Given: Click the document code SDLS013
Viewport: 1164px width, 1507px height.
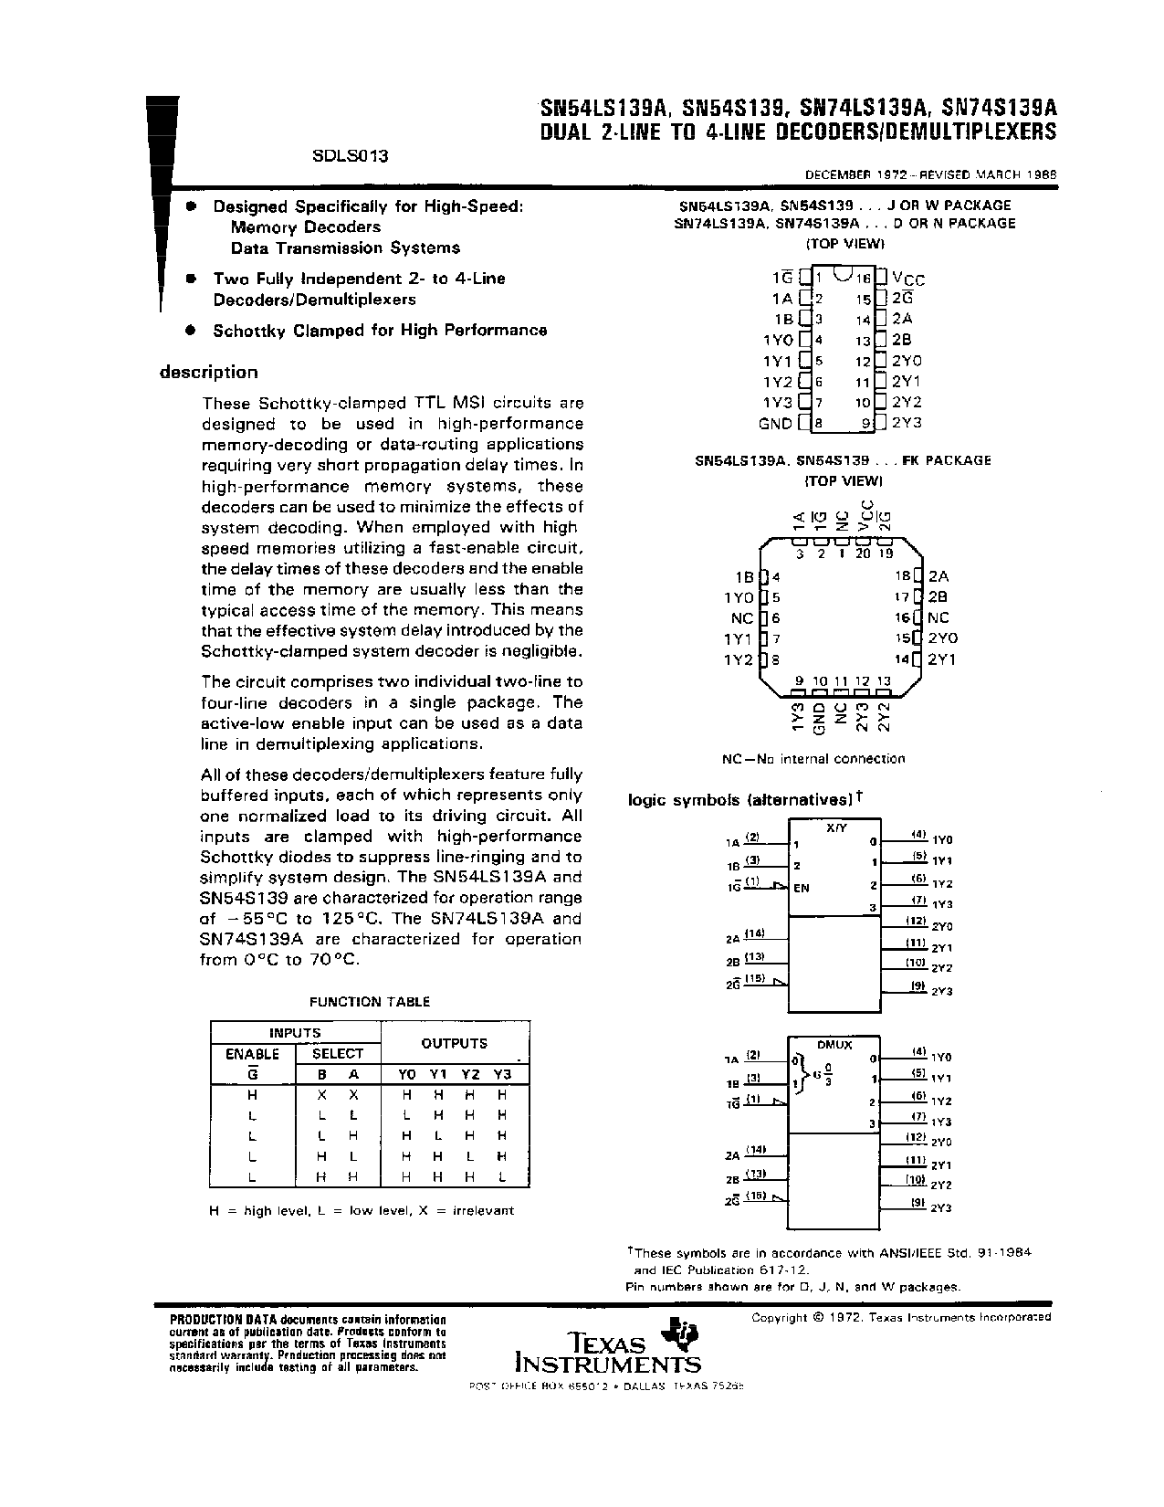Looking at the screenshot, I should click(350, 155).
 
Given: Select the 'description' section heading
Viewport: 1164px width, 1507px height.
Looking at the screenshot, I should click(209, 372).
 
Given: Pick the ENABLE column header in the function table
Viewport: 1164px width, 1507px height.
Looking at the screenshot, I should click(252, 1053).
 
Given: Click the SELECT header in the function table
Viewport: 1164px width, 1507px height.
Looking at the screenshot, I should click(337, 1053).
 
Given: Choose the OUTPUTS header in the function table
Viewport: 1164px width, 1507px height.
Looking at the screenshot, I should click(454, 1043).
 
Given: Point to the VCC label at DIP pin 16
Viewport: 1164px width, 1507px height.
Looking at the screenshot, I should click(908, 279).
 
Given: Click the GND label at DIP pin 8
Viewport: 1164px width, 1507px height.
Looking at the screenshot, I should click(775, 423).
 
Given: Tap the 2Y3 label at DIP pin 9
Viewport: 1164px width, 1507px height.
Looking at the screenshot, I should click(907, 423).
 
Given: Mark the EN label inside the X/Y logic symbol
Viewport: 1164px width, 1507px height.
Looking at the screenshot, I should click(802, 888).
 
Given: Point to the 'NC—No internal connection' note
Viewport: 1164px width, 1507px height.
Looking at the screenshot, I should click(813, 758).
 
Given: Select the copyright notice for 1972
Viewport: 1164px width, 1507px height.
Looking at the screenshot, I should click(900, 1317).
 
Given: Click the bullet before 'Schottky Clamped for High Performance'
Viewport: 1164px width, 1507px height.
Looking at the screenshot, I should click(190, 330).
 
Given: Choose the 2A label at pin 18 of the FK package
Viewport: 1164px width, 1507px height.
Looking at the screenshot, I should click(939, 576).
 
